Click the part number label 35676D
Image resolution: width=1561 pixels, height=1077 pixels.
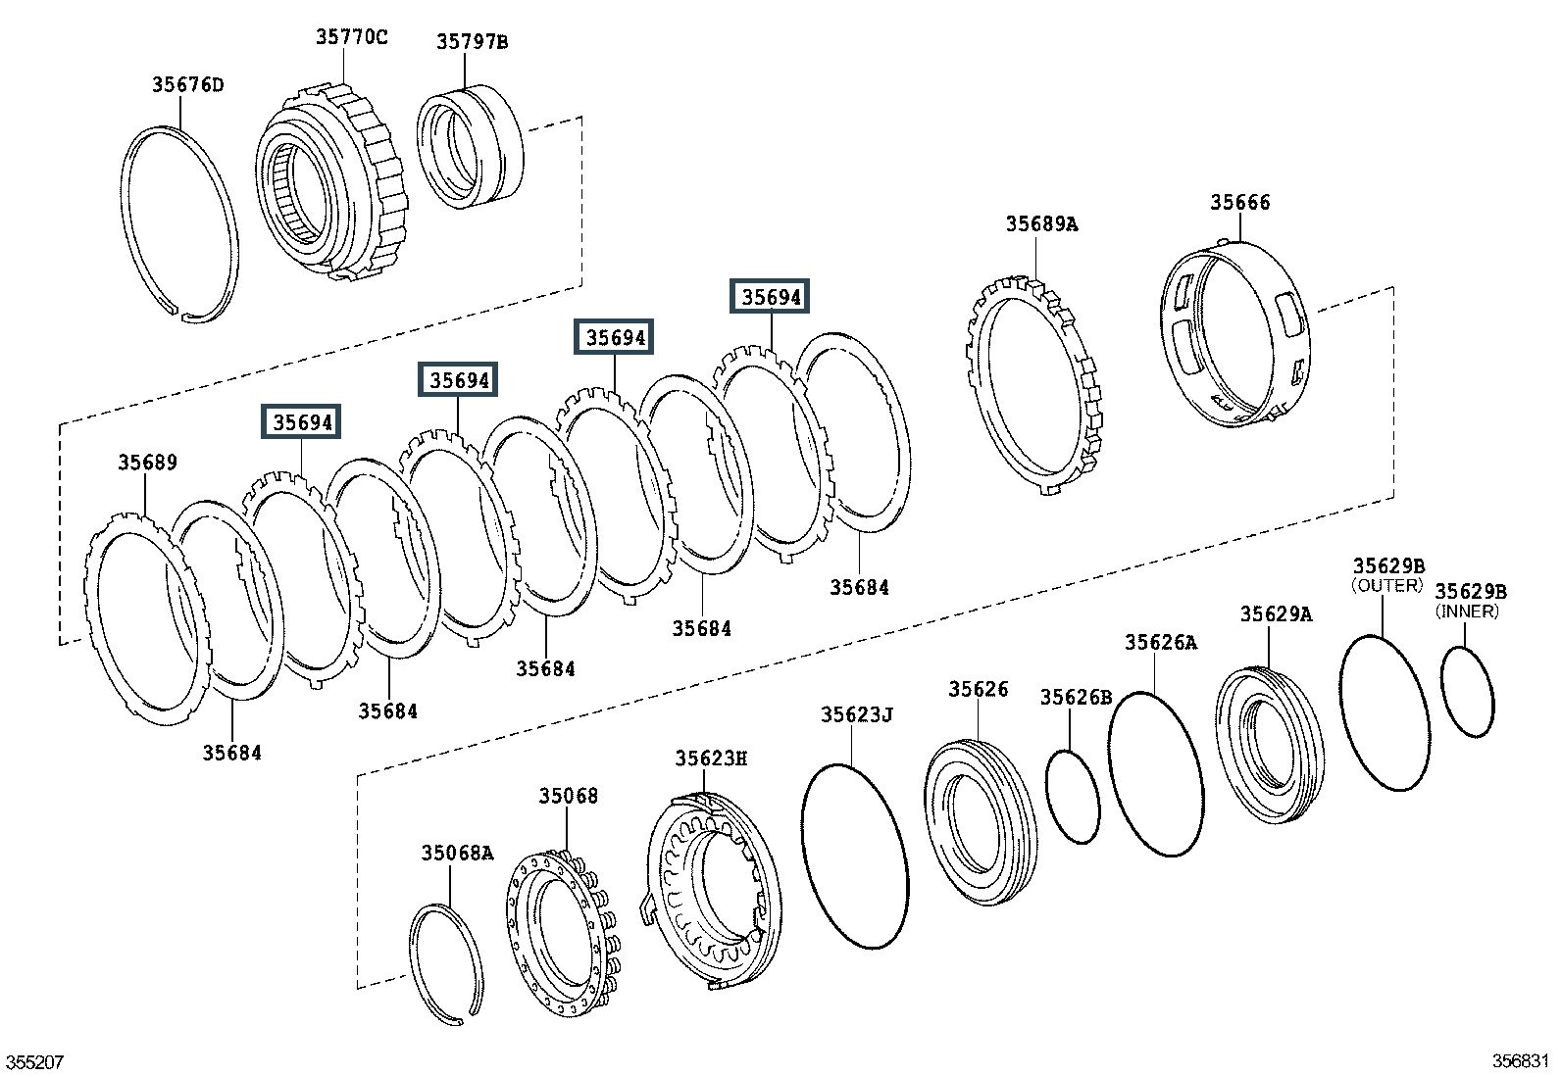coord(188,85)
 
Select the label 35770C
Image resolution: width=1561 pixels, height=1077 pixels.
coord(351,37)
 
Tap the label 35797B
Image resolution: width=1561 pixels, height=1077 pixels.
coord(473,42)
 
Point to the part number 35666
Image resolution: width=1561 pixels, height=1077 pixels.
coord(1239,202)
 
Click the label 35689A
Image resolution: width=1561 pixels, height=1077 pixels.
coord(1041,223)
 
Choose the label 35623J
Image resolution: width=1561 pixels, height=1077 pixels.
coord(856,714)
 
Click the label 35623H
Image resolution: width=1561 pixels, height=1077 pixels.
coord(711,758)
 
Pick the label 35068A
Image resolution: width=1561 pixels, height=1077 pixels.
coord(457,853)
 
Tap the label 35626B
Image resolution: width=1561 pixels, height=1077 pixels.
coord(1076,698)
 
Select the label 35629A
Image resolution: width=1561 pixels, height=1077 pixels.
coord(1276,613)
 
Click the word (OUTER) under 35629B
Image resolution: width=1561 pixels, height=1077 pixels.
coord(1386,586)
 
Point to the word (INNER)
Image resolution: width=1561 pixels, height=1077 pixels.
coord(1467,612)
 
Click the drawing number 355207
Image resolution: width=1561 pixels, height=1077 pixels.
coord(35,1062)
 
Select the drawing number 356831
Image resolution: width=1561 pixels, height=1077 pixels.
coord(1521,1061)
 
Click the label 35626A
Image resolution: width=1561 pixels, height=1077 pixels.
coord(1161,642)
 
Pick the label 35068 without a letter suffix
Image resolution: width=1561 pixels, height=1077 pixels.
coord(568,796)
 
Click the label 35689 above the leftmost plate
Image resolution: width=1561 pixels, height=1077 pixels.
coord(148,462)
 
